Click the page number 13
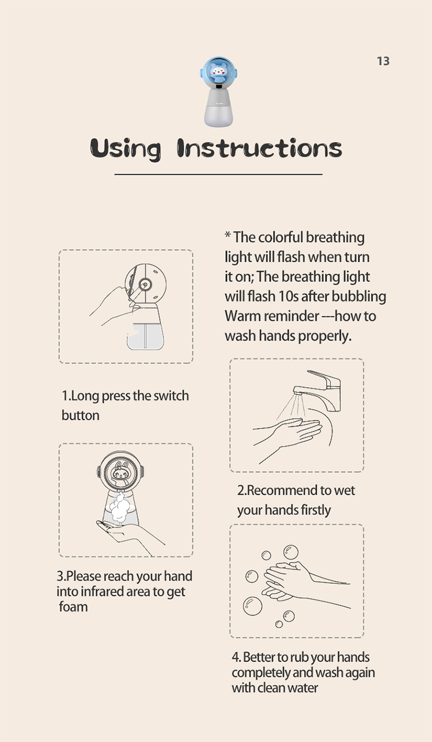tap(383, 62)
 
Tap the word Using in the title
tap(126, 149)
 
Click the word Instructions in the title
tap(259, 148)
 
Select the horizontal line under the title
tap(218, 174)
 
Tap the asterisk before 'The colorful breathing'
tap(228, 235)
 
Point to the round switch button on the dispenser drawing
tap(145, 285)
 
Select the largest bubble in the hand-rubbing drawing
tap(252, 606)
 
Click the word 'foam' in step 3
tap(73, 607)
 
